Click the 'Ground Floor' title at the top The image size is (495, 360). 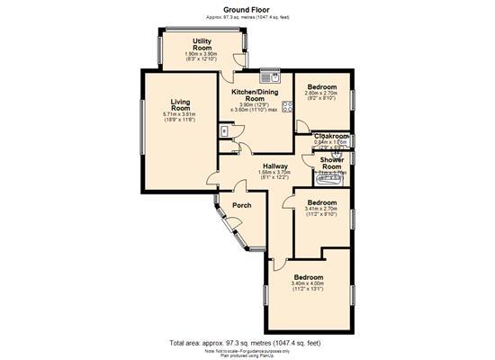247,9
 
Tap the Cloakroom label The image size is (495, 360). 332,136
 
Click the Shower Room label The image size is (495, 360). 332,163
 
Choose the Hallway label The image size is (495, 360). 274,166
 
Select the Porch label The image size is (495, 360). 242,205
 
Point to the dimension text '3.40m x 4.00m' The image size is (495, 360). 307,284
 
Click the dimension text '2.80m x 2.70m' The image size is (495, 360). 321,93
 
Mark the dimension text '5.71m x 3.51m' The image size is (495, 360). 178,114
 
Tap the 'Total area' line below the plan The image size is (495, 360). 247,343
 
